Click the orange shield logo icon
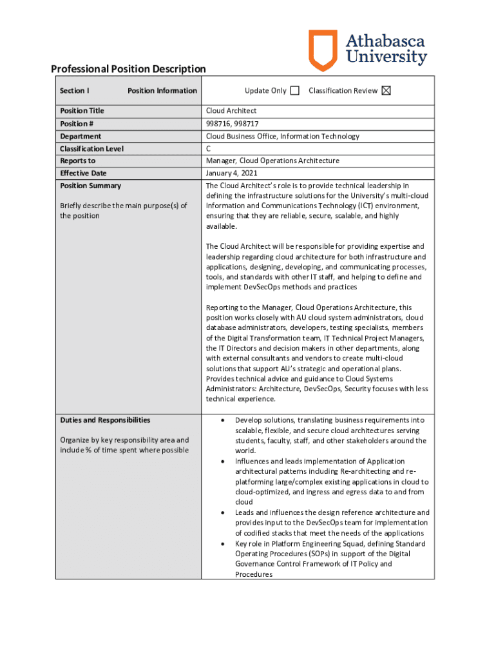click(x=323, y=50)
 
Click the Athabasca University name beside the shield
click(x=386, y=50)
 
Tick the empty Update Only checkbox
click(x=295, y=91)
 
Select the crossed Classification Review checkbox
click(x=386, y=91)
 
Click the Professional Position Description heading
click(x=128, y=69)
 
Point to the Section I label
click(x=75, y=91)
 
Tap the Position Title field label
click(x=82, y=111)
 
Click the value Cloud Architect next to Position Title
click(x=231, y=111)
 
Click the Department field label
click(x=81, y=136)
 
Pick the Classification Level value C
click(x=209, y=149)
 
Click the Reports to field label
click(x=77, y=161)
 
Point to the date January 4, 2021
click(x=233, y=173)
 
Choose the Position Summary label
click(x=90, y=186)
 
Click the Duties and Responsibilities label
click(x=105, y=420)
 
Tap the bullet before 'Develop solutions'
click(x=223, y=420)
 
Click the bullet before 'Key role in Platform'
click(x=223, y=543)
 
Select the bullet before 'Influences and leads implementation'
click(x=223, y=461)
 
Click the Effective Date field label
click(x=83, y=173)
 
